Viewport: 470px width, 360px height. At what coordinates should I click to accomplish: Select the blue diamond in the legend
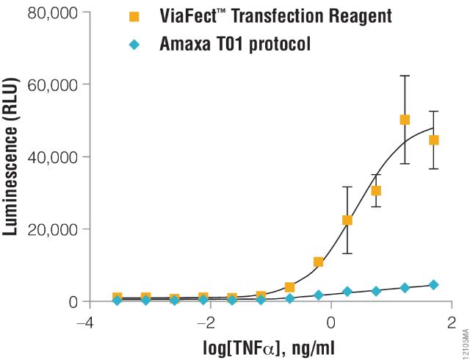point(134,44)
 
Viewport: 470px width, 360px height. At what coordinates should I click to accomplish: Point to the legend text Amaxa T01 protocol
point(235,44)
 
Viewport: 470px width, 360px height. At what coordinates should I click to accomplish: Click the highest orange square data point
point(405,120)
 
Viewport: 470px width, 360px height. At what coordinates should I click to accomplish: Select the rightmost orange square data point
point(433,140)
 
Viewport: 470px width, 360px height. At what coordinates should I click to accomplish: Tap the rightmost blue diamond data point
point(433,285)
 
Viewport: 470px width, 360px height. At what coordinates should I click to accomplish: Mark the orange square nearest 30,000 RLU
point(376,191)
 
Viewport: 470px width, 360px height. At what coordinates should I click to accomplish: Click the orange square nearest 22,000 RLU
point(347,220)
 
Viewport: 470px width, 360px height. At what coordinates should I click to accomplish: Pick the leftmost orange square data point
point(117,298)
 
